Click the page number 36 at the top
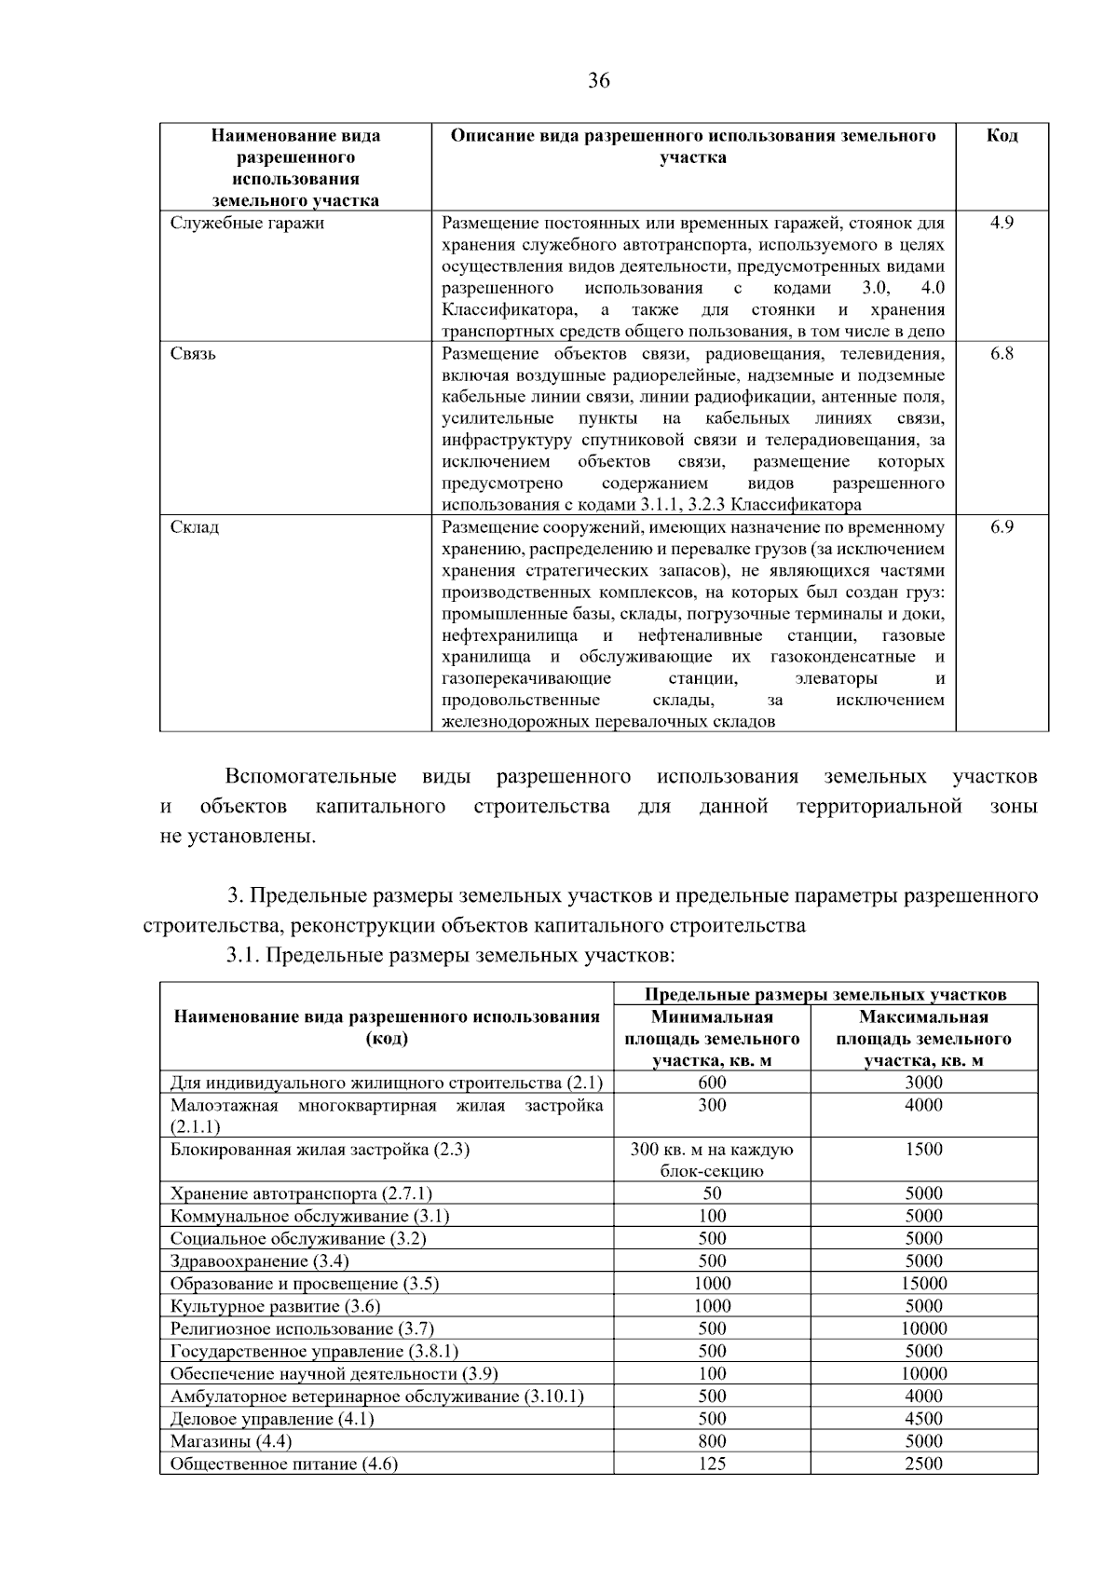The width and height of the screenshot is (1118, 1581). click(x=599, y=81)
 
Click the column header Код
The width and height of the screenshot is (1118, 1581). click(x=1002, y=136)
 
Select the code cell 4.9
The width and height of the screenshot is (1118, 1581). click(x=1002, y=224)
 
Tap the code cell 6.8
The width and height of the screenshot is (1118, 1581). click(x=1002, y=354)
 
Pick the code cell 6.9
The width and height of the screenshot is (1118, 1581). click(x=1002, y=527)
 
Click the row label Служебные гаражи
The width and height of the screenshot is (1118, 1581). click(x=248, y=224)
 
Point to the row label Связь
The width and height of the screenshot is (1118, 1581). click(x=194, y=354)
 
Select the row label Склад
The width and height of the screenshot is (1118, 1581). click(x=195, y=527)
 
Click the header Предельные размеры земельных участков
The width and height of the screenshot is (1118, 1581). click(x=825, y=994)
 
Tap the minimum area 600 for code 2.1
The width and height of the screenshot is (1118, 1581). click(x=712, y=1083)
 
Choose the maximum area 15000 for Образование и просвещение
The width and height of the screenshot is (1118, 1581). click(x=923, y=1284)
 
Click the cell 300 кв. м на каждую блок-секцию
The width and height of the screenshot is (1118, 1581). click(x=712, y=1160)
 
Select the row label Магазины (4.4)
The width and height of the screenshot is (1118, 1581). click(x=231, y=1441)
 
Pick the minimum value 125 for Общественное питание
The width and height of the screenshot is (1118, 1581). click(x=712, y=1464)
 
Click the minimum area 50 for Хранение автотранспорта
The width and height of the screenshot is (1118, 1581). click(x=712, y=1193)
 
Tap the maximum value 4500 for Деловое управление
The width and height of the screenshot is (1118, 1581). click(x=923, y=1419)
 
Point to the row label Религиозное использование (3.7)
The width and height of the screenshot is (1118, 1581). click(x=302, y=1329)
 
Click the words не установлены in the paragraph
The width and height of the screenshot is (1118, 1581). click(x=239, y=837)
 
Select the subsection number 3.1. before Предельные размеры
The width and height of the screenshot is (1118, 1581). click(x=245, y=956)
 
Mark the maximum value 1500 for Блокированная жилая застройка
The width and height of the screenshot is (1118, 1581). click(x=923, y=1150)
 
